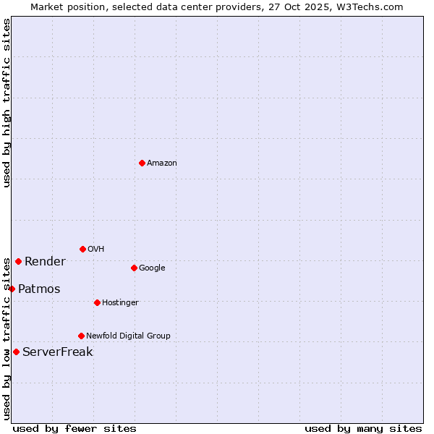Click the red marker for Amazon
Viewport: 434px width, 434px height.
pyautogui.click(x=142, y=163)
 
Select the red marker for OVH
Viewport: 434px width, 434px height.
pyautogui.click(x=82, y=249)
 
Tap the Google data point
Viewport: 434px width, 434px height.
pyautogui.click(x=134, y=268)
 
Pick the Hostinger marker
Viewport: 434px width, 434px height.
pyautogui.click(x=97, y=302)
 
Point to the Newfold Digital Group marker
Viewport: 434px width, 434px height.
pyautogui.click(x=81, y=336)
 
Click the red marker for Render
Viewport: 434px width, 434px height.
pyautogui.click(x=18, y=261)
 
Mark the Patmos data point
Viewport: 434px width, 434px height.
pyautogui.click(x=12, y=289)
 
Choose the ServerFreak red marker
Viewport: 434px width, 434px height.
pyautogui.click(x=16, y=352)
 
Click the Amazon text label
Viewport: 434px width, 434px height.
pyautogui.click(x=162, y=163)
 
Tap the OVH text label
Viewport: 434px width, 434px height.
pyautogui.click(x=96, y=250)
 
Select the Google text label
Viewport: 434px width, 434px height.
pyautogui.click(x=152, y=268)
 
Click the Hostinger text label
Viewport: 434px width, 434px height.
pyautogui.click(x=120, y=303)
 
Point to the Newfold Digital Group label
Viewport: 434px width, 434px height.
pyautogui.click(x=128, y=336)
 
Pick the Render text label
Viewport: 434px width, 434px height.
pyautogui.click(x=45, y=262)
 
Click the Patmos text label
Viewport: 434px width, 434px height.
pyautogui.click(x=39, y=289)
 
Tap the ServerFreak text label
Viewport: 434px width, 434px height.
pyautogui.click(x=58, y=352)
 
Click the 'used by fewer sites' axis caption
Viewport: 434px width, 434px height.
pyautogui.click(x=75, y=429)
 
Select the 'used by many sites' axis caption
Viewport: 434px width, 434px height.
pyautogui.click(x=363, y=429)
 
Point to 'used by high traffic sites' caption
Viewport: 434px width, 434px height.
pyautogui.click(x=7, y=103)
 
